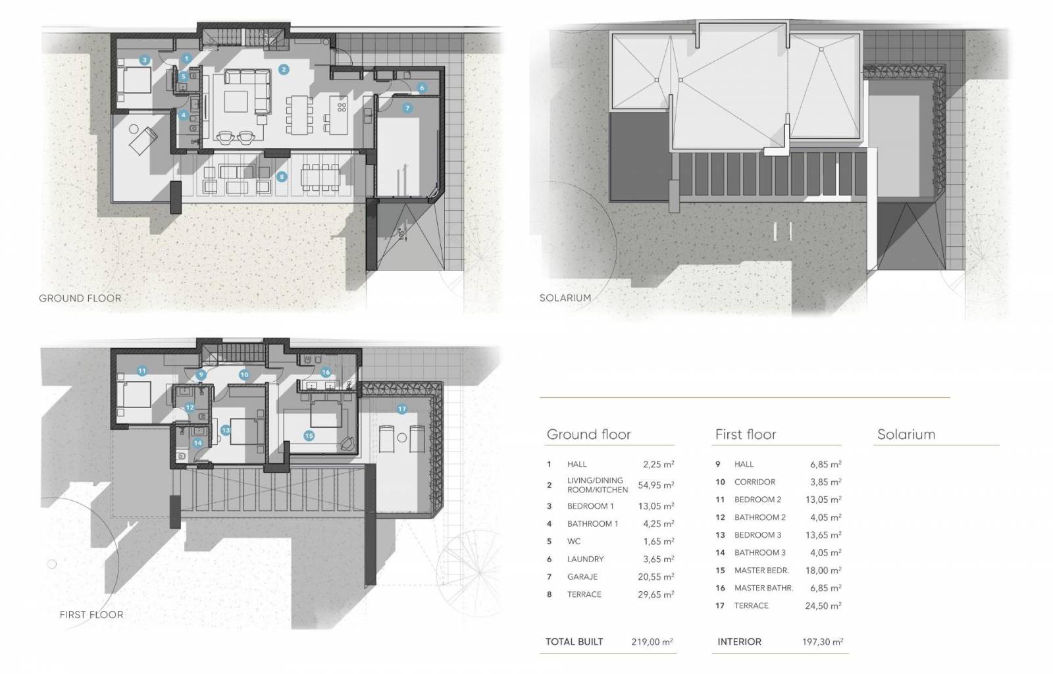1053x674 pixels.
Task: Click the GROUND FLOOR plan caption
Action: [80, 298]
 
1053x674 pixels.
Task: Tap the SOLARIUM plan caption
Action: [565, 298]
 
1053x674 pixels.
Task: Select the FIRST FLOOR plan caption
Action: [91, 614]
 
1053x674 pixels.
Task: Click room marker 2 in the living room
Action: [283, 70]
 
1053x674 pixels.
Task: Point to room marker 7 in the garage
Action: [407, 108]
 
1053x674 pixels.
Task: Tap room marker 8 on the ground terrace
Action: [282, 176]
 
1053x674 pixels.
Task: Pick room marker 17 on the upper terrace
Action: [401, 409]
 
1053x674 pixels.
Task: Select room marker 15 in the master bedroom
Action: [309, 436]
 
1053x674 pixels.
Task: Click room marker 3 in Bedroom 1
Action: [144, 60]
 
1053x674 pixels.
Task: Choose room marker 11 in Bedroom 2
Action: [142, 371]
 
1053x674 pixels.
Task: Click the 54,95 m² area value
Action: [655, 485]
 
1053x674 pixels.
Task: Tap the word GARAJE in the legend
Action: [582, 577]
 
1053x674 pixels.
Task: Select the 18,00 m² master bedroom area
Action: [823, 570]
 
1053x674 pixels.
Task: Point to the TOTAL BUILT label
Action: [574, 642]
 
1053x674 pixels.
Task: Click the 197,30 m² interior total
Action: [823, 642]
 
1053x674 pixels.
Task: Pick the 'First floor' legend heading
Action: [746, 434]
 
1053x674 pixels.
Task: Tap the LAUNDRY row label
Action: [585, 559]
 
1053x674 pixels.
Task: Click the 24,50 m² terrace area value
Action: [823, 606]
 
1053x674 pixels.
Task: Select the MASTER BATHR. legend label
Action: [763, 588]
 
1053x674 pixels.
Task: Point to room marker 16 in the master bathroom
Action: [326, 373]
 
